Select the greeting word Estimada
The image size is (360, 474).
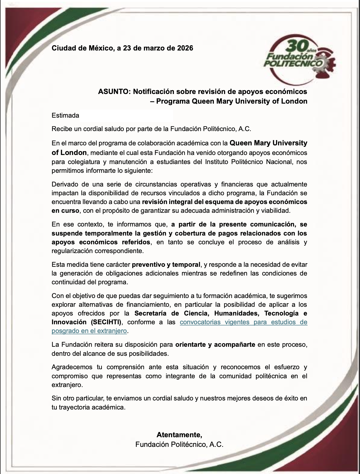(x=65, y=116)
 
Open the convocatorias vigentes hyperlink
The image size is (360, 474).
(x=243, y=322)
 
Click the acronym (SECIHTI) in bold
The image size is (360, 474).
(x=105, y=322)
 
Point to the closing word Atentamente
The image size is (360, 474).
(x=179, y=435)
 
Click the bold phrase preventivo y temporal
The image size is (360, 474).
(x=166, y=265)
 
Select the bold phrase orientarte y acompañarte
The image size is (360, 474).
(x=215, y=345)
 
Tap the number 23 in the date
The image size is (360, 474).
(x=127, y=48)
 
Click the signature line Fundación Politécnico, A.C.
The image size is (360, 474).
(x=179, y=445)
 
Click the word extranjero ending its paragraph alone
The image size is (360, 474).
(x=67, y=385)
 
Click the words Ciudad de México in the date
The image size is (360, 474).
(x=83, y=48)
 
